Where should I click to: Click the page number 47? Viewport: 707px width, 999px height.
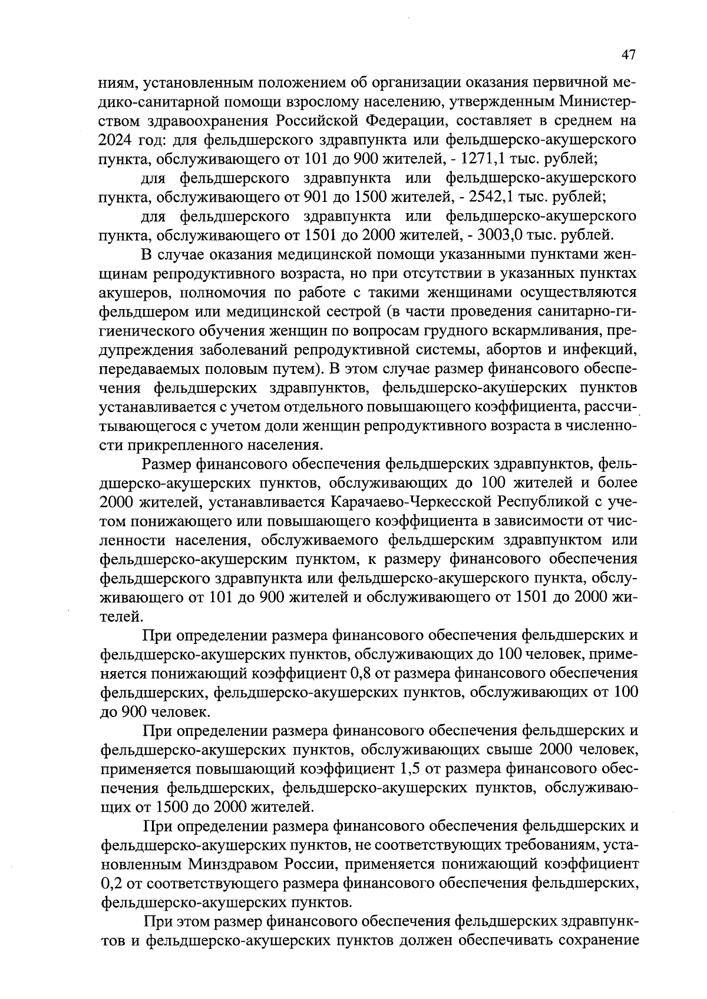[x=629, y=55]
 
